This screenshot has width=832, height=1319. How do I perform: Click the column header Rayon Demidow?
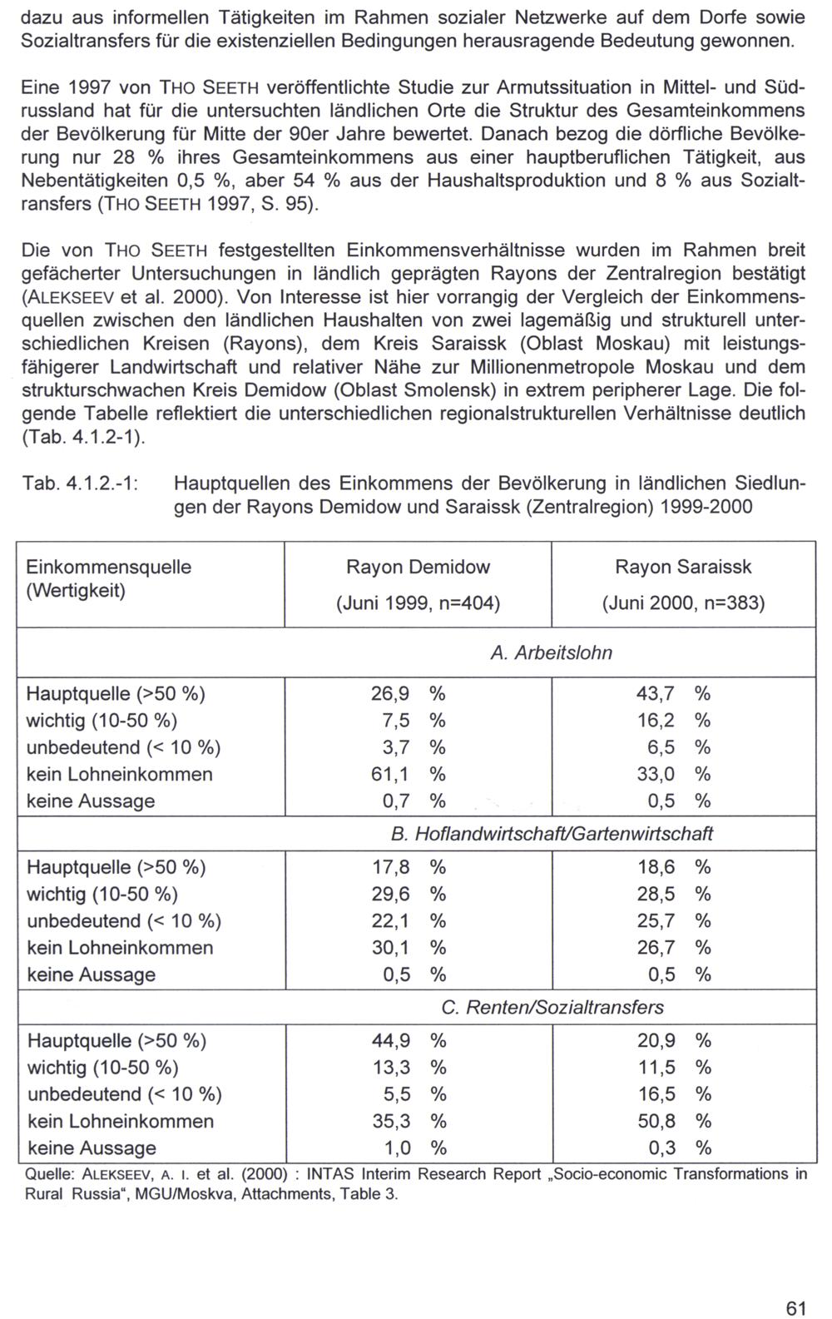418,568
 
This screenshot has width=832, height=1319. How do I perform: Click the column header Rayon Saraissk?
683,568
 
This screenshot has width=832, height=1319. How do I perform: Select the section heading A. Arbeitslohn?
551,653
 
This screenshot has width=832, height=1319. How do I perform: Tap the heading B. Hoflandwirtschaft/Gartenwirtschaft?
551,834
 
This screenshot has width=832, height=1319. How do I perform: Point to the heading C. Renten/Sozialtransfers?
552,1008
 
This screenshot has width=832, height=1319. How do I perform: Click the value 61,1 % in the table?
408,775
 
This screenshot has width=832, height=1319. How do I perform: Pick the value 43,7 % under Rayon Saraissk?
674,694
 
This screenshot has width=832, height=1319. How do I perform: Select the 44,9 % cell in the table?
409,1041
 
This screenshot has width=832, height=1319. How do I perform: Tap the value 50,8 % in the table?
674,1122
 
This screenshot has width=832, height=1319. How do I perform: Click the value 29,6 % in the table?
408,895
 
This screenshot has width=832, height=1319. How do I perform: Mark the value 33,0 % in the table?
674,775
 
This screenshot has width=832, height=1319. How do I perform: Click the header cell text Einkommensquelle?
109,568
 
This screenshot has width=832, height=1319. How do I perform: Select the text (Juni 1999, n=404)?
418,603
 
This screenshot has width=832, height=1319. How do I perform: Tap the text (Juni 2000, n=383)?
683,603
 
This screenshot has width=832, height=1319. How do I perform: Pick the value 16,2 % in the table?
674,721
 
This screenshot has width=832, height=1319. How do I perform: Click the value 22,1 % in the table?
408,921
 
